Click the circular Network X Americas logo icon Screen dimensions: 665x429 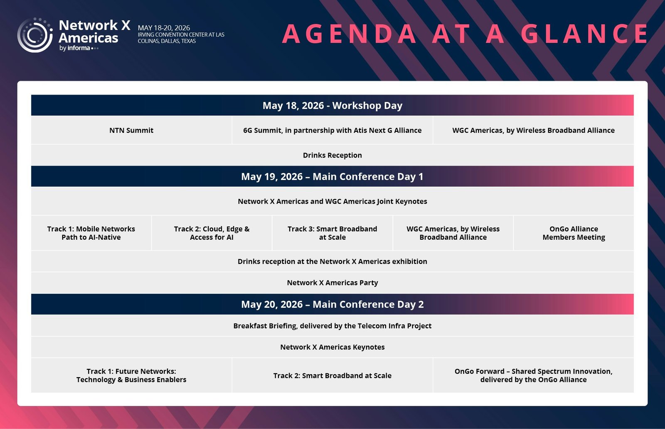tap(35, 35)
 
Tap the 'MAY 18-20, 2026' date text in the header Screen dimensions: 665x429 tap(164, 28)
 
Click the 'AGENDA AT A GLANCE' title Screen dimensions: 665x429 tap(465, 34)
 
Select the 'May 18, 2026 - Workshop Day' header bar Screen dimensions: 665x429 tap(332, 105)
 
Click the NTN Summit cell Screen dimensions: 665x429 tap(131, 130)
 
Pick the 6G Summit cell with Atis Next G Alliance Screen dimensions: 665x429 tap(332, 130)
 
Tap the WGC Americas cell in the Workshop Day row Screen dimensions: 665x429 tap(534, 130)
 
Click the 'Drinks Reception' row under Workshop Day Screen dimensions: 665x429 tap(332, 155)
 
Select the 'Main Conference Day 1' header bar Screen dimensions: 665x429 tap(332, 176)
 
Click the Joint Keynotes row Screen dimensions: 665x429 tap(332, 201)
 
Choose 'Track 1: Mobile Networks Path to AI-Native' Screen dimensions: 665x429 tap(91, 233)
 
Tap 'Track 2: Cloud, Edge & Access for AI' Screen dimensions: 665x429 tap(212, 233)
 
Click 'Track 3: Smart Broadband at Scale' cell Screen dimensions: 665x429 tap(332, 233)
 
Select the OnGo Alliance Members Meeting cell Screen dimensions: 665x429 tap(574, 233)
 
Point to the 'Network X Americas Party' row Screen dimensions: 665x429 tap(332, 283)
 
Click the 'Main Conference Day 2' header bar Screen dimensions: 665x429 tap(332, 304)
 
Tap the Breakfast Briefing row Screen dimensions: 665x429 tap(332, 326)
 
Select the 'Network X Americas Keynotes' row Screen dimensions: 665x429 tap(332, 347)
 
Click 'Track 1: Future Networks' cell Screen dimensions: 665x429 tap(131, 375)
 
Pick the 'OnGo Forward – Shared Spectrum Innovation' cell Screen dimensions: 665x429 tap(534, 375)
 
